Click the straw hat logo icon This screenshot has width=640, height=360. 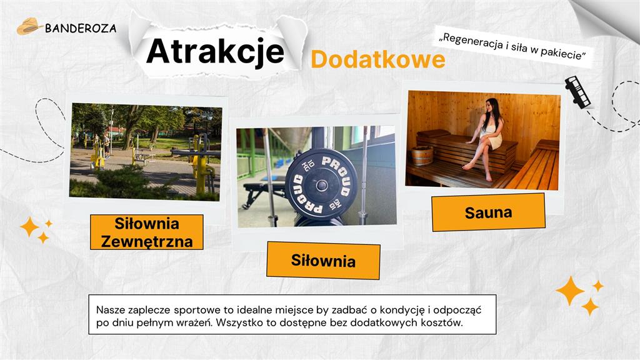(x=28, y=26)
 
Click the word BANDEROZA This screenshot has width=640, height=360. (x=81, y=28)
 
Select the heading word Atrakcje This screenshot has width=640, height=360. (x=215, y=51)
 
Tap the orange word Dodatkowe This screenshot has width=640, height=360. (x=377, y=59)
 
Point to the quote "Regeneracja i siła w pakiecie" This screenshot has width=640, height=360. (x=512, y=47)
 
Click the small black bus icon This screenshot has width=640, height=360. (x=577, y=92)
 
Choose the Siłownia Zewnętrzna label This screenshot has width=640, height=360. (x=147, y=232)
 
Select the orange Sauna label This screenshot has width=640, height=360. (x=488, y=212)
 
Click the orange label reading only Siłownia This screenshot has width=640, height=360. (x=323, y=259)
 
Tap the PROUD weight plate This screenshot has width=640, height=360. (x=321, y=184)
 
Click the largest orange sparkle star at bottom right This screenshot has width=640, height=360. (x=569, y=291)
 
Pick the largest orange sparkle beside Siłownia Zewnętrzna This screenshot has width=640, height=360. (x=29, y=226)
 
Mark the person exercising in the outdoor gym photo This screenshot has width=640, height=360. (x=106, y=145)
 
